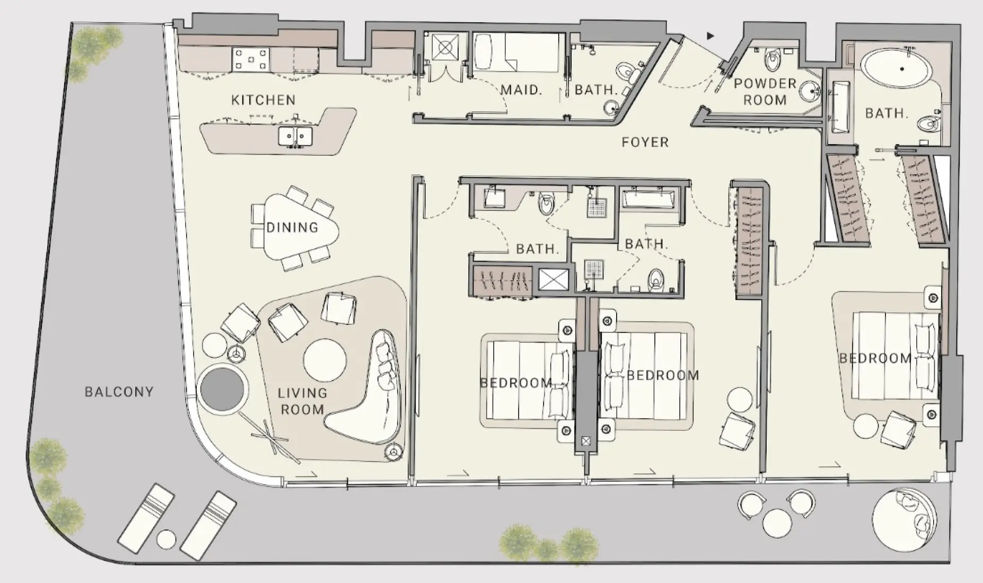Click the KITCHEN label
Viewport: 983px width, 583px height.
tap(264, 100)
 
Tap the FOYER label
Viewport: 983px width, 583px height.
tap(645, 142)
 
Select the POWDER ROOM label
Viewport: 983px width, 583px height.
tap(765, 92)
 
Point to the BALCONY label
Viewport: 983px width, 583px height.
tap(119, 392)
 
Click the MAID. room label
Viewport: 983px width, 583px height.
tap(521, 90)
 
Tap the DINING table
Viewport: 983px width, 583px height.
tap(293, 227)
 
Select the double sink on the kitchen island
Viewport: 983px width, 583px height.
tap(295, 136)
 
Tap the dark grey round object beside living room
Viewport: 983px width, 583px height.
tap(223, 388)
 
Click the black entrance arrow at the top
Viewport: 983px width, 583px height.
tap(710, 36)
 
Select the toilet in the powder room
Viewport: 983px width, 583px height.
tap(774, 60)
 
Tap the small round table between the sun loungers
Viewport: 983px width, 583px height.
tap(166, 540)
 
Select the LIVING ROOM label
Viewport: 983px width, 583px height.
tap(302, 401)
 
